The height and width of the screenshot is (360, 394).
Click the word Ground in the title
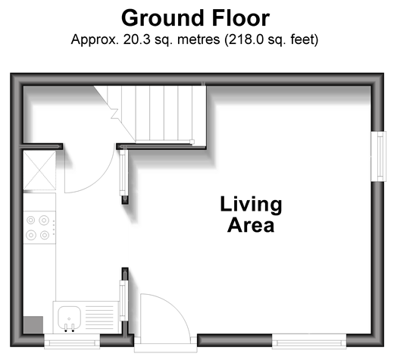pos(164,18)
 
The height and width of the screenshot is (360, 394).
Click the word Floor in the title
pos(241,18)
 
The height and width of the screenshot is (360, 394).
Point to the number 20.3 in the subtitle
pos(136,39)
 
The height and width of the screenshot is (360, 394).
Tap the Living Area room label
pos(251,214)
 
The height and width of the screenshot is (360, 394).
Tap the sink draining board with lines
pos(99,317)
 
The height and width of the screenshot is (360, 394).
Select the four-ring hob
pos(39,227)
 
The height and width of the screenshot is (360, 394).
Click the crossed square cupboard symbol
pos(39,171)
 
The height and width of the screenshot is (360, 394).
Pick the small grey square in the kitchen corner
pos(33,325)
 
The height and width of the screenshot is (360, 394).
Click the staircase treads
pos(157,114)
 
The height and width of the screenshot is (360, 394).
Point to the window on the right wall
pos(379,156)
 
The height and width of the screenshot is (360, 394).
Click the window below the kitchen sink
pos(72,342)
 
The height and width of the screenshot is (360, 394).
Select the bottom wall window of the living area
pos(309,342)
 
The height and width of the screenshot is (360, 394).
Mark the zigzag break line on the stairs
pos(114,114)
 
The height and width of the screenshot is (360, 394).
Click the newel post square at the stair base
pos(192,142)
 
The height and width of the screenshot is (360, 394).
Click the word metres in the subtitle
pos(199,39)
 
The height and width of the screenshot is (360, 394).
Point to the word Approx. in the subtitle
pos(95,39)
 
